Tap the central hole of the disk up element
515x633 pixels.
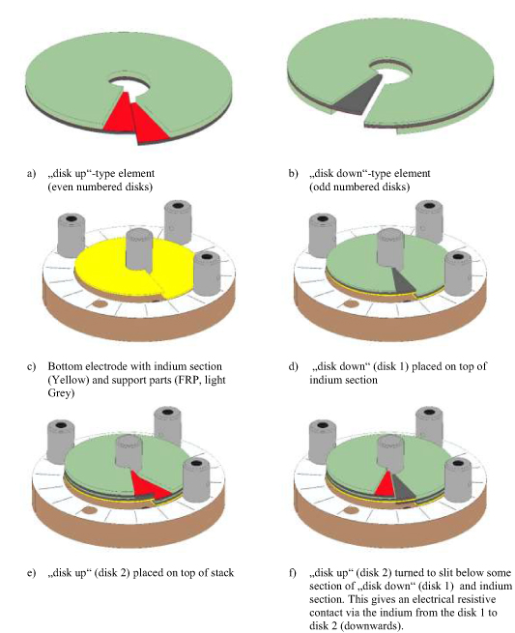[132, 80]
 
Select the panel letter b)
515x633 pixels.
[294, 173]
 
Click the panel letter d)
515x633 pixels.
[294, 364]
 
